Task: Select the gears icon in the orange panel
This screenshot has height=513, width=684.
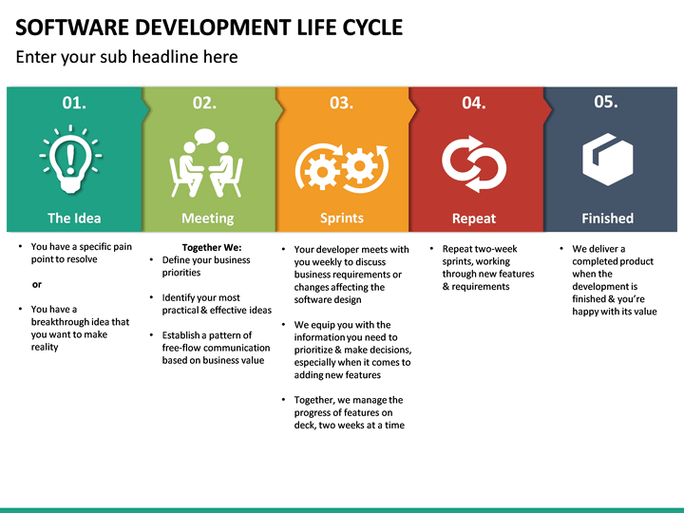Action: tap(342, 167)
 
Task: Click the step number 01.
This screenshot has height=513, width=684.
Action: tap(74, 103)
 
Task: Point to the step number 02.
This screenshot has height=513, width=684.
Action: tap(204, 103)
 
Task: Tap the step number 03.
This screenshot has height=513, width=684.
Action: tap(341, 103)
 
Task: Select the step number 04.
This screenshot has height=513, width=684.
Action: tap(473, 103)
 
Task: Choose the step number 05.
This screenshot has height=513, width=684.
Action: tap(605, 102)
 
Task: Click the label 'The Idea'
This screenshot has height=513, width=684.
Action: tap(74, 218)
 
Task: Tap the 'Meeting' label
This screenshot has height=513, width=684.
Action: tap(207, 218)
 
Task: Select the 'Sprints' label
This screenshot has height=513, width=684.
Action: tap(341, 218)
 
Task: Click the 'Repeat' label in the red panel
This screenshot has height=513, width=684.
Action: tap(473, 218)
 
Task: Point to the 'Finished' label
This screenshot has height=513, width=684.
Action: tap(607, 218)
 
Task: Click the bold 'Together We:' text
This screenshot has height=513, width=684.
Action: tap(211, 248)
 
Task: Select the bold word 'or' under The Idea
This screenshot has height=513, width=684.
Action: tap(37, 284)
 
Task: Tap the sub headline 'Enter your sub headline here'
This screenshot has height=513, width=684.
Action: tap(126, 57)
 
